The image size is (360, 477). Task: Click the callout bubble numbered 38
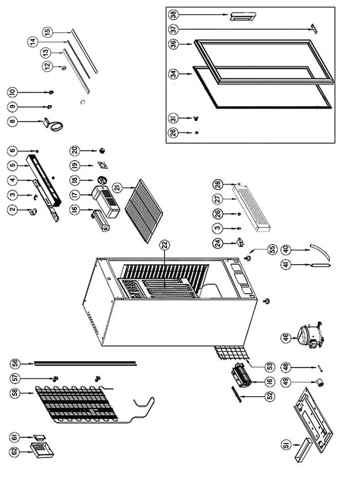(174, 14)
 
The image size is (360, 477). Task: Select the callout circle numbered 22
(164, 244)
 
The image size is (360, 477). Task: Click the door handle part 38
(243, 16)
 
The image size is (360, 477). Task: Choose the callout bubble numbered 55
(272, 248)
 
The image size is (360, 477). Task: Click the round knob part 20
(102, 150)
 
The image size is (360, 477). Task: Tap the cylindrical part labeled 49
(319, 382)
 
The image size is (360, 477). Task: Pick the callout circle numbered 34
(174, 74)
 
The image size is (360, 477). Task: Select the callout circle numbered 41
(286, 265)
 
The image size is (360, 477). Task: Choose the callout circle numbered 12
(47, 66)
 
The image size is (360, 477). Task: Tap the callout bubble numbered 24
(219, 243)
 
